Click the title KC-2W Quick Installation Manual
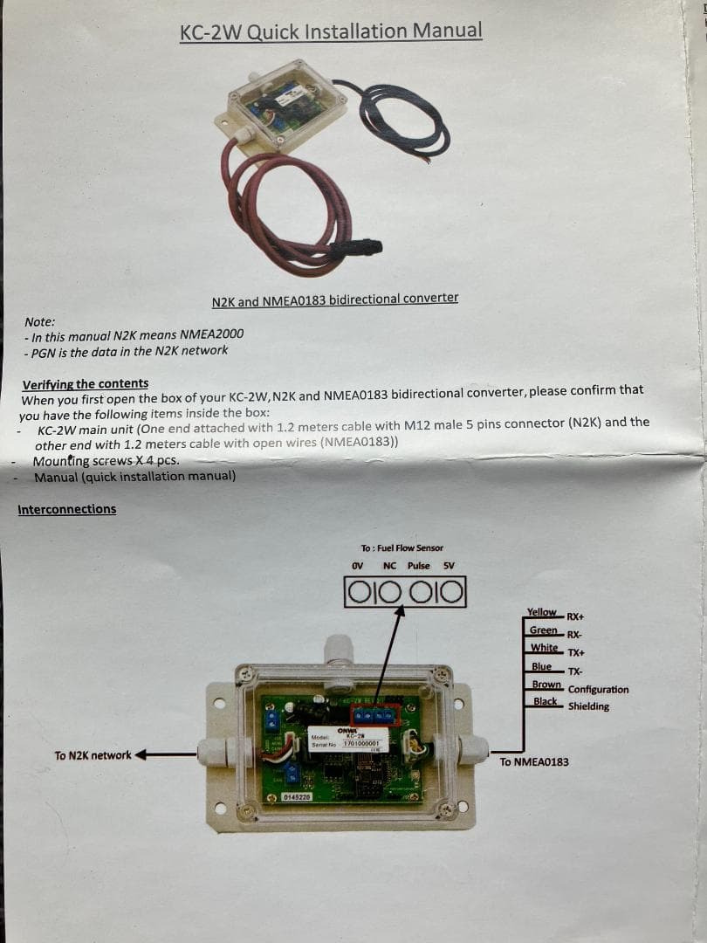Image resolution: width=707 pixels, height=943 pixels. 330,31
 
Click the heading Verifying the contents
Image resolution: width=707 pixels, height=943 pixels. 85,383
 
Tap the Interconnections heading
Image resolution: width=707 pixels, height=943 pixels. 66,509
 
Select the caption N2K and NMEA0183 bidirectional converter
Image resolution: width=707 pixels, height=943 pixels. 334,299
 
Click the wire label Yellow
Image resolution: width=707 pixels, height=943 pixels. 541,612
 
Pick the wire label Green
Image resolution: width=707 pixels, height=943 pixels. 543,630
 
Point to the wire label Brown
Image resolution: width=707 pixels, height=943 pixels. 546,685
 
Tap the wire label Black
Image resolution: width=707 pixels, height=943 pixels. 545,701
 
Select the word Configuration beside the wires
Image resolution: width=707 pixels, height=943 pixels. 598,690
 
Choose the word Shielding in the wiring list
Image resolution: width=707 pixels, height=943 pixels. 588,706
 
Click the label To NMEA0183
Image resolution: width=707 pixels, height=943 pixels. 534,762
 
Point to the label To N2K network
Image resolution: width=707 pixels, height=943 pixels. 93,755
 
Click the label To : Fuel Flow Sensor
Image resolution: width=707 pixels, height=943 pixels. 402,548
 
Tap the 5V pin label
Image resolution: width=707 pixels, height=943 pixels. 449,566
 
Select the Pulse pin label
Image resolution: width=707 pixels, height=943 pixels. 418,566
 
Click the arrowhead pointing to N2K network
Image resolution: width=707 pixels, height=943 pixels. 140,755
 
